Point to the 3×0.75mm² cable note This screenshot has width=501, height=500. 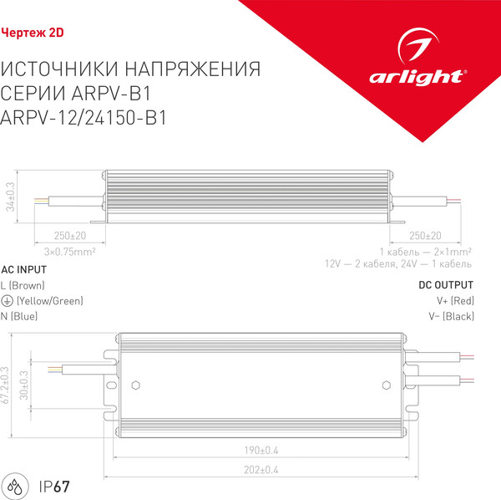(x=69, y=250)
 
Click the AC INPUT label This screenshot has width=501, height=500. (x=24, y=270)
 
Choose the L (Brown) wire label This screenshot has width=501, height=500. (x=23, y=285)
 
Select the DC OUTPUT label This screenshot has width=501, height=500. (x=447, y=285)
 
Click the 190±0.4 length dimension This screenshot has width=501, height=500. (x=261, y=451)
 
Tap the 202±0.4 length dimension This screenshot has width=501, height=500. (x=261, y=469)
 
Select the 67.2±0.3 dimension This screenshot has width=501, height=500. (x=5, y=385)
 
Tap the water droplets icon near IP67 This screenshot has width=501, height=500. (x=17, y=486)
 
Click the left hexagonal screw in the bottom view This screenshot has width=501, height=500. (x=135, y=386)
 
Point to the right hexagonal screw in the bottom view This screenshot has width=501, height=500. (x=386, y=386)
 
